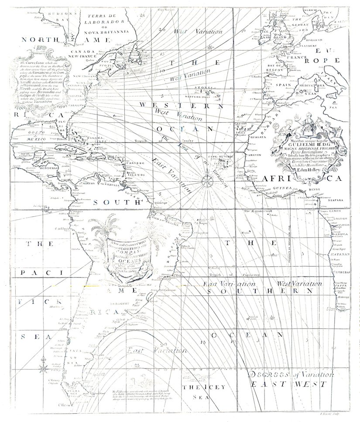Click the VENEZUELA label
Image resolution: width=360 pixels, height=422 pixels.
click(107, 184)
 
